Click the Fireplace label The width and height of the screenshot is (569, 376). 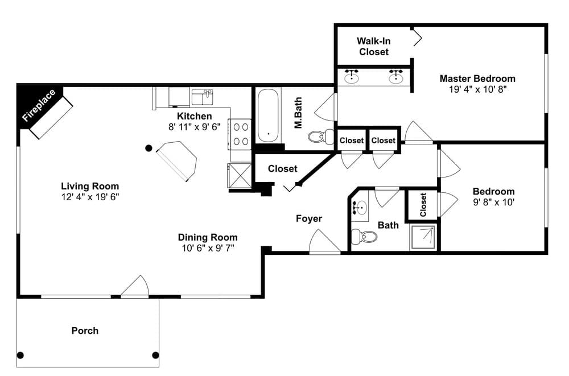(x=39, y=105)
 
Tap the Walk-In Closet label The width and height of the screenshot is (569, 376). (x=374, y=47)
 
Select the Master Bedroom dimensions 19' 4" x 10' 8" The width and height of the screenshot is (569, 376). (x=477, y=89)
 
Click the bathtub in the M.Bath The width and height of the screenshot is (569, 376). (x=268, y=116)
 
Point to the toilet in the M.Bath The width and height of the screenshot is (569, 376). (x=321, y=137)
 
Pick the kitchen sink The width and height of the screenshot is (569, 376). (x=202, y=97)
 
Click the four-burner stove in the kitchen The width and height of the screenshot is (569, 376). (x=240, y=134)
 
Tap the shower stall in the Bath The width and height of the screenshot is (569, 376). (x=423, y=237)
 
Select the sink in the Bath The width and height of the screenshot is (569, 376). (x=360, y=208)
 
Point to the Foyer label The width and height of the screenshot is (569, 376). (x=309, y=218)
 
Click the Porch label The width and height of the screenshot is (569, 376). (x=85, y=330)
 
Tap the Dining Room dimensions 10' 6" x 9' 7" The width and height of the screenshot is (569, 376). (x=208, y=248)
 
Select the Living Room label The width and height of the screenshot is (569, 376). (x=90, y=186)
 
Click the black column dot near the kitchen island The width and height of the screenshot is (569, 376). (x=149, y=148)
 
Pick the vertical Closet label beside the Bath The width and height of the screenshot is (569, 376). (x=423, y=205)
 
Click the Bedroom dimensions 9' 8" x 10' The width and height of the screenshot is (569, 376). (x=493, y=202)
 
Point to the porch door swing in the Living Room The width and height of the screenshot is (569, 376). (x=135, y=286)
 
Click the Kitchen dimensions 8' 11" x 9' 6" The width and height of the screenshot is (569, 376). (x=195, y=127)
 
